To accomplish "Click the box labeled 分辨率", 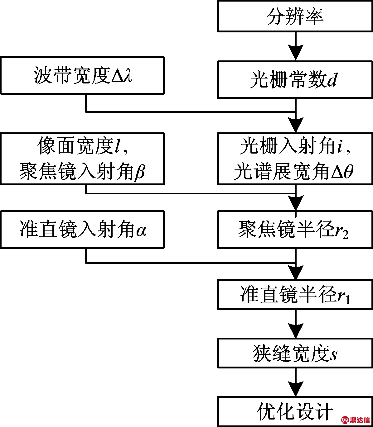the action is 295,16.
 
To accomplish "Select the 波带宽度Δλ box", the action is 82,75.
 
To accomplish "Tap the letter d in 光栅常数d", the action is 332,80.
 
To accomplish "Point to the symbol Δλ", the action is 122,75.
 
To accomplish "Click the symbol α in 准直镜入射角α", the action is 141,231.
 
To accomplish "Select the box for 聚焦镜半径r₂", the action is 295,230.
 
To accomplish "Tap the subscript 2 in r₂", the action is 346,235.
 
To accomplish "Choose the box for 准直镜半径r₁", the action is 295,295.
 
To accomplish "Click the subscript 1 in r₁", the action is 348,300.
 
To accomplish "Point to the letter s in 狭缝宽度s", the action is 333,354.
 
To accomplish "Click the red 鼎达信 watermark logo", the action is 356,420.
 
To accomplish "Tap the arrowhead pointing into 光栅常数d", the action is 295,53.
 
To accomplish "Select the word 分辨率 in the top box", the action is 295,16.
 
